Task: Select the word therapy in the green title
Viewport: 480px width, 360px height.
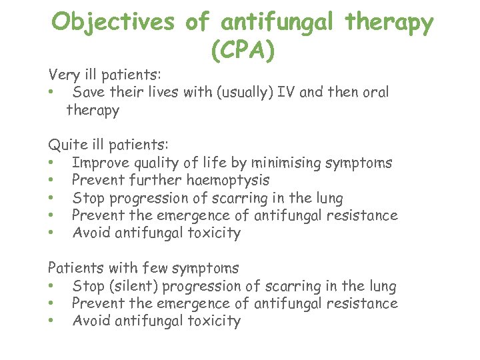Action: (389, 23)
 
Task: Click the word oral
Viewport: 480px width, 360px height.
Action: (374, 92)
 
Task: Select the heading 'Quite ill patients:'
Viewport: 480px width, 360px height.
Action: (108, 145)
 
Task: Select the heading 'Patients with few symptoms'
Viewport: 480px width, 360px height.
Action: (143, 268)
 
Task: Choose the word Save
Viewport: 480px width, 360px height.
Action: (87, 92)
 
